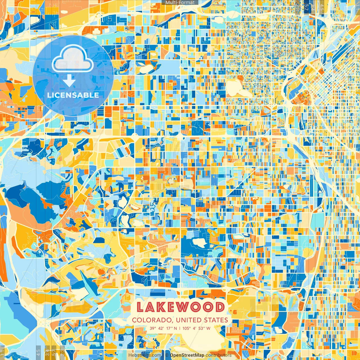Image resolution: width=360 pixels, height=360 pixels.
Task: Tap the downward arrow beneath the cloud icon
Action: click(69, 81)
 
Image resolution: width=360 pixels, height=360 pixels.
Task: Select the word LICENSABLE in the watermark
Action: click(73, 95)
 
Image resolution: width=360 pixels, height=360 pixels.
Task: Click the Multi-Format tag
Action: click(180, 3)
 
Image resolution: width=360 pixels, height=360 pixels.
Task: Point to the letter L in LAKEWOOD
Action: click(140, 307)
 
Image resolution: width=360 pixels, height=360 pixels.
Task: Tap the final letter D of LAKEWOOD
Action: click(219, 307)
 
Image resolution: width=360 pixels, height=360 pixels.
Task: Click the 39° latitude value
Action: click(153, 328)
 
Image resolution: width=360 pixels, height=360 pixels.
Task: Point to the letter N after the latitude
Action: click(175, 328)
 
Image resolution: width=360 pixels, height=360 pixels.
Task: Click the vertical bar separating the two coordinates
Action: click(180, 328)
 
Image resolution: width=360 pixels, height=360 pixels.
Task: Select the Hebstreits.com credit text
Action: click(145, 355)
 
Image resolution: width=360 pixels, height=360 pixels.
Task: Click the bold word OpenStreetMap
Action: click(187, 355)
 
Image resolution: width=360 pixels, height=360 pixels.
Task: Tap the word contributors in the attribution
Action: click(219, 355)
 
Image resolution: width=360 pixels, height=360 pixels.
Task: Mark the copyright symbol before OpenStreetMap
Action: click(167, 355)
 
